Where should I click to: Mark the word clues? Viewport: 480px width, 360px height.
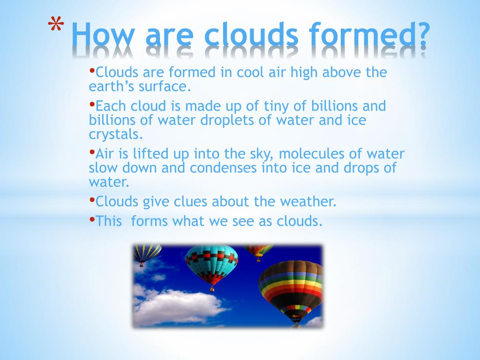click(184, 202)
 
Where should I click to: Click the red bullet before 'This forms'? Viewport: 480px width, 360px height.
click(92, 219)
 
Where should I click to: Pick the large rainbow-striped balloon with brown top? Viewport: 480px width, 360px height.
click(291, 288)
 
